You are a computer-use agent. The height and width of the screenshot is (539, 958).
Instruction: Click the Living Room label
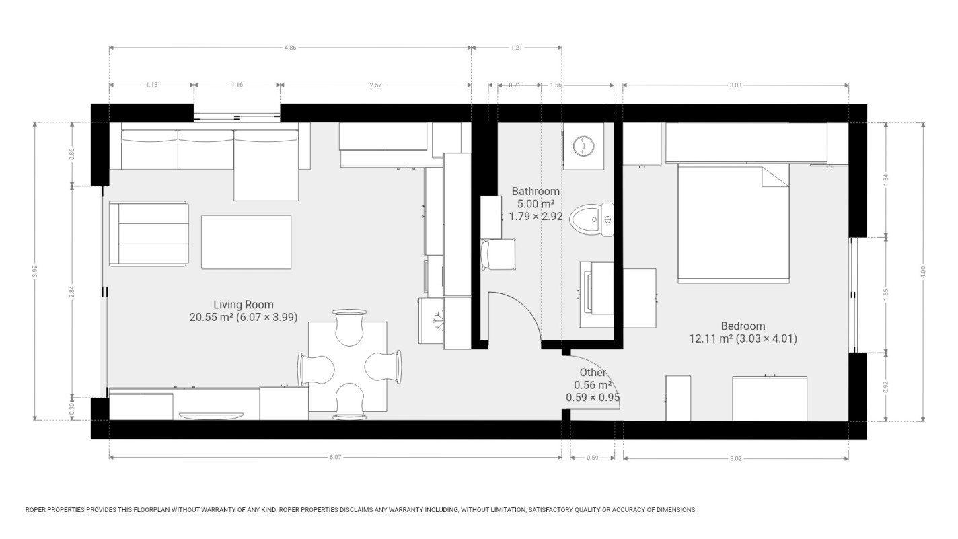tap(244, 311)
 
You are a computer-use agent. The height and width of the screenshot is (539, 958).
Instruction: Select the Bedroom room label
tap(743, 332)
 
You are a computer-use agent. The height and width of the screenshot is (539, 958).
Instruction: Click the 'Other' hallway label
tap(593, 385)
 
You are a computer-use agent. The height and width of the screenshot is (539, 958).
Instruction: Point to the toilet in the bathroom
tap(592, 219)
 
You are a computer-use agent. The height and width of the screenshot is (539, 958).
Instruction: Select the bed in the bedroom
tap(733, 222)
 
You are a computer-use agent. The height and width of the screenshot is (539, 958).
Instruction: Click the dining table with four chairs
tap(348, 367)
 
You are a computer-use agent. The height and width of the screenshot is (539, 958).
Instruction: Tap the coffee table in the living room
tap(246, 242)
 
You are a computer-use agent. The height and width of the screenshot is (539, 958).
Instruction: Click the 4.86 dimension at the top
tap(290, 48)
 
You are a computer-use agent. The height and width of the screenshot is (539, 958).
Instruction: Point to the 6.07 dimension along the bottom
tap(335, 458)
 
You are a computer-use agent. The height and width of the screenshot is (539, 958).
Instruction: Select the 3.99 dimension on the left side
tap(34, 271)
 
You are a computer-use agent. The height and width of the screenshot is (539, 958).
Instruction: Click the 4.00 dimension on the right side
tap(923, 271)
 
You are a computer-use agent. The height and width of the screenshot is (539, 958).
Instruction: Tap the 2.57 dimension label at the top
tap(375, 85)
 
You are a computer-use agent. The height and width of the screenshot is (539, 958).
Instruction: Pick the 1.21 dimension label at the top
tap(517, 48)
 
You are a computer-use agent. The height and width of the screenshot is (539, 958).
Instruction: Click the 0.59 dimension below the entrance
tap(593, 458)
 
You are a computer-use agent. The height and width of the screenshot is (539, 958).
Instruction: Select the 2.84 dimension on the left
tap(72, 291)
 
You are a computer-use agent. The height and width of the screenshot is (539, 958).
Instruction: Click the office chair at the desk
tap(499, 254)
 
